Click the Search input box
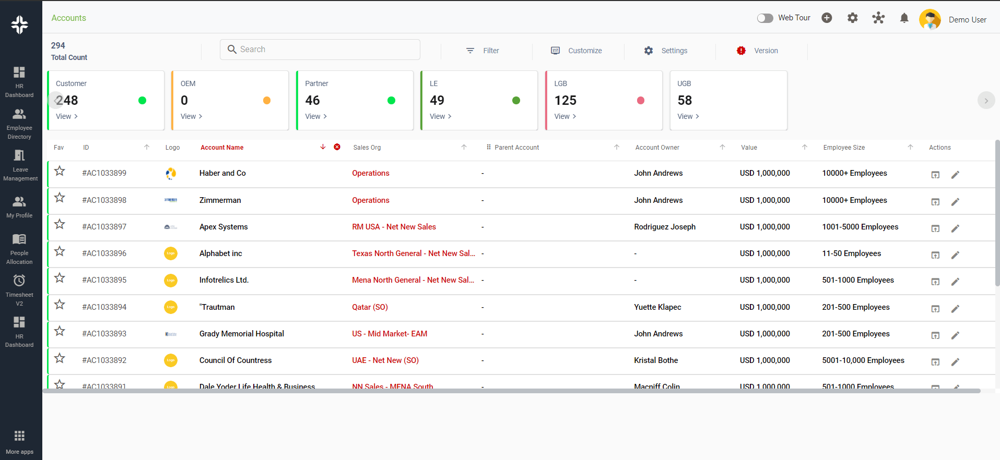(320, 50)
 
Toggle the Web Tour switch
(765, 18)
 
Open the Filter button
(483, 51)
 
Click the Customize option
(577, 51)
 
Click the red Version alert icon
(741, 51)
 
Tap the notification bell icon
(904, 18)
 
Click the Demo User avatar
(930, 20)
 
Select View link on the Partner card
(316, 116)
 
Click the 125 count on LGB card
(565, 100)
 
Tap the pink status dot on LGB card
(641, 101)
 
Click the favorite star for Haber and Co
(60, 171)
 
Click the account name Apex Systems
(223, 227)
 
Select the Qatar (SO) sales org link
(370, 307)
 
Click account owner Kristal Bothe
(656, 360)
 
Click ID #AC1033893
(104, 334)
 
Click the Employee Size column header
(844, 148)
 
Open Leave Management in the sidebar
(20, 165)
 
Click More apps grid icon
(19, 435)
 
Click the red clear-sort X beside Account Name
(337, 147)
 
